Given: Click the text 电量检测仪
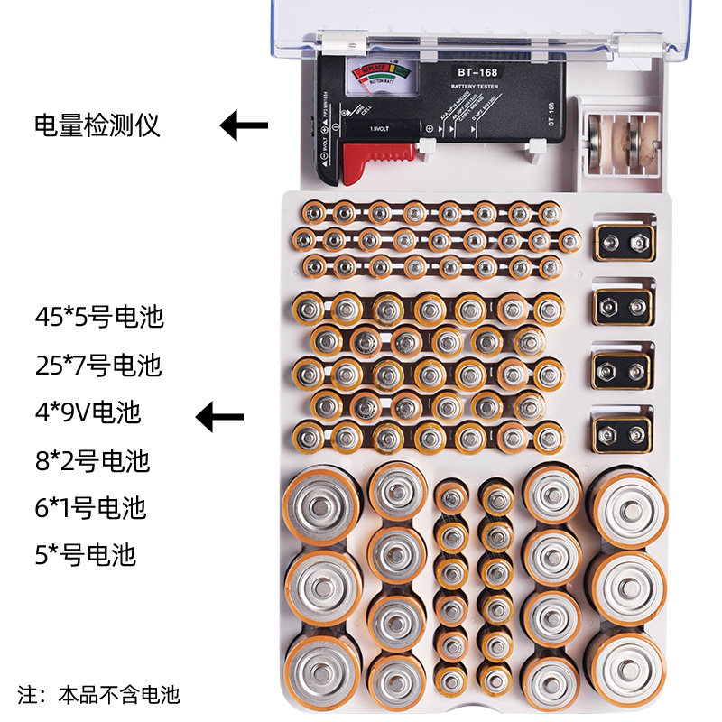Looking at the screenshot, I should point(97,125).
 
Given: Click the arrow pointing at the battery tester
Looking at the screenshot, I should point(244,125).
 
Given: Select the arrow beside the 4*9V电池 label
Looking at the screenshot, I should point(220,416).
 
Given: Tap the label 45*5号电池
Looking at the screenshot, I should point(99,318).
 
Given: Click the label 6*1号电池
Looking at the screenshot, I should point(90,507).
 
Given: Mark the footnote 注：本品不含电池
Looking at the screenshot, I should point(99,695).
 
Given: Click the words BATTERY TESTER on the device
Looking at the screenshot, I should point(475,88).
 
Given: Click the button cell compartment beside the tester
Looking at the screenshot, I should point(618,143).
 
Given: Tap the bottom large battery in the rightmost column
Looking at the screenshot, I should point(628,665).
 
